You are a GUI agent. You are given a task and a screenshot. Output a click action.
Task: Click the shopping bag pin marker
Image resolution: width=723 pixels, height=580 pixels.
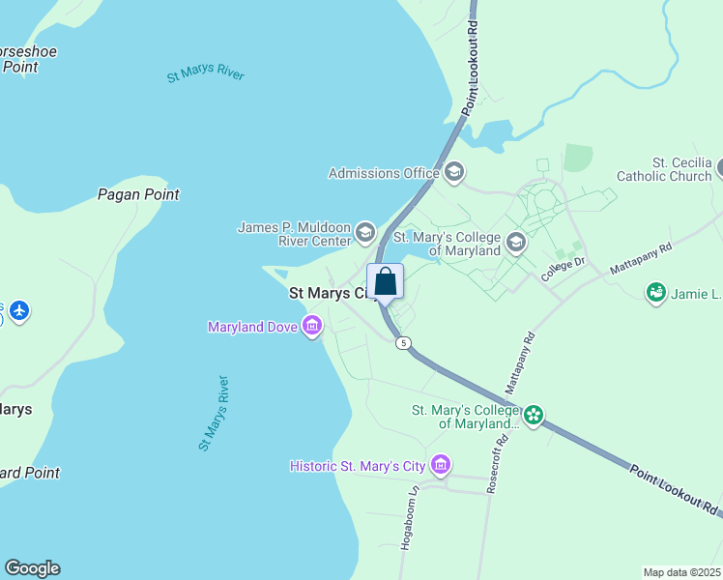coord(385,282)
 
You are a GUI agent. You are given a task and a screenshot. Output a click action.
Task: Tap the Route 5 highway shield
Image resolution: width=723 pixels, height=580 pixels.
coord(403,342)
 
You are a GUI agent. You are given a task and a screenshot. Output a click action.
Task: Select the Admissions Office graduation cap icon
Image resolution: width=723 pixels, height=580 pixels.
coord(453,173)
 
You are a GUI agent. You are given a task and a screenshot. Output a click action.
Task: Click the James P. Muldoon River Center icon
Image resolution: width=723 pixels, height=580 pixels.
coord(364,231)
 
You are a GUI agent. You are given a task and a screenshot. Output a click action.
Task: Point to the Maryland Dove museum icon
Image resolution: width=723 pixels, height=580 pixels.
coord(311,327)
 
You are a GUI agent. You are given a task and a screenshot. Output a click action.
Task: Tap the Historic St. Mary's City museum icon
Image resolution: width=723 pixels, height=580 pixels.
coord(441,466)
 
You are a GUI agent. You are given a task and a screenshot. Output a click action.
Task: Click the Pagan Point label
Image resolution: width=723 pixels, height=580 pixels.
coord(138,194)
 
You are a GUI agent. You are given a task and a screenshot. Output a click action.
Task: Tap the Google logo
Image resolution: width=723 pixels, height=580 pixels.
coord(32,568)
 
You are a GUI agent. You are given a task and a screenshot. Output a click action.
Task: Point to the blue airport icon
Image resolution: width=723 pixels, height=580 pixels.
coord(19,311)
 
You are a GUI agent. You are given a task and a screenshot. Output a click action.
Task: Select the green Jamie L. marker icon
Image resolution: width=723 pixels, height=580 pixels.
coord(656,291)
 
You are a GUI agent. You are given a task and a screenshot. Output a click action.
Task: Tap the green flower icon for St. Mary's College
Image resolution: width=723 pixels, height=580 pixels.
coord(534,417)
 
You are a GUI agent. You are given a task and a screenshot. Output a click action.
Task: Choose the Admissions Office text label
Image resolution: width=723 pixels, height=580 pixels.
coord(384,173)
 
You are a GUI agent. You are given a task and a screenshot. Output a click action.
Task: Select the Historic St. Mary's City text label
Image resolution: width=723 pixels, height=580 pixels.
coord(358,466)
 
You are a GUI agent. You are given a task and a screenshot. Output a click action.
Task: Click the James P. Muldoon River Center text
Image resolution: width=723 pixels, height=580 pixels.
coord(295,233)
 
